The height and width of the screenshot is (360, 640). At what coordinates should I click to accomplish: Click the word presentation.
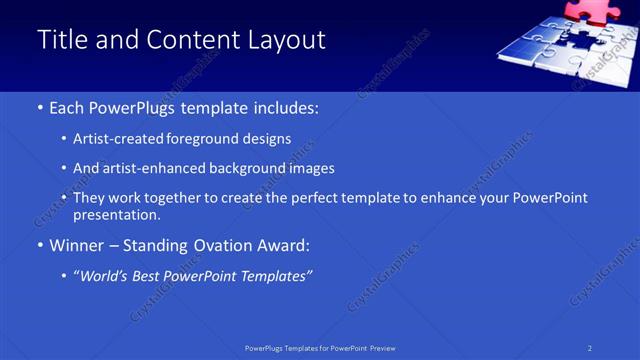coord(116,214)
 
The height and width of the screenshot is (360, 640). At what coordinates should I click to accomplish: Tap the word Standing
coord(155,244)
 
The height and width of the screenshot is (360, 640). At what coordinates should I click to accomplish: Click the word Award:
coord(284,244)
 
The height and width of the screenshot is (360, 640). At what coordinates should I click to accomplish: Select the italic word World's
coord(104,275)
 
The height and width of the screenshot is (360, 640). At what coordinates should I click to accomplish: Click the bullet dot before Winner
coord(40,245)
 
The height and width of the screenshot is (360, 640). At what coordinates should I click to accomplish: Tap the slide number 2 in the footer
coord(590,348)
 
